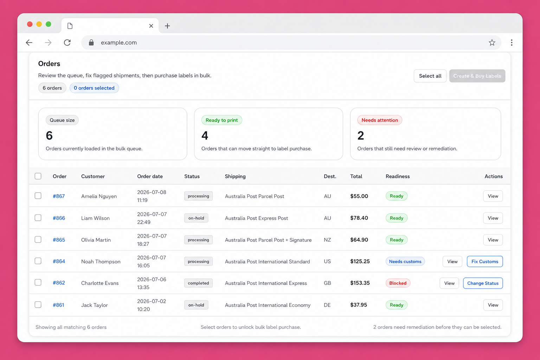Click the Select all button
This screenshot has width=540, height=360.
[430, 76]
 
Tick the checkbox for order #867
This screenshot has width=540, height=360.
[38, 195]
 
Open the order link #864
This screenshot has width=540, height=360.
[59, 261]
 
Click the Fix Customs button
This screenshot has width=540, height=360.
[484, 261]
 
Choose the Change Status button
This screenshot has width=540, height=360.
[483, 283]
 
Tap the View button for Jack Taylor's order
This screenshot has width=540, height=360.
[493, 305]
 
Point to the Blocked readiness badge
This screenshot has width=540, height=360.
[398, 283]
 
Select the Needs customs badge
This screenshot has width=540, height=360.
[405, 261]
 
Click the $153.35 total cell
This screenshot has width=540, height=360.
[360, 283]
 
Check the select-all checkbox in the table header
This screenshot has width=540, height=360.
[38, 176]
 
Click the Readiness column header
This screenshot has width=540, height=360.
[398, 176]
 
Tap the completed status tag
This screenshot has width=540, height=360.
[198, 283]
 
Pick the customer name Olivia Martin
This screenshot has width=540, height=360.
[96, 240]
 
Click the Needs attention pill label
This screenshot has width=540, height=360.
[380, 120]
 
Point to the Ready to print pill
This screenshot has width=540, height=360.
[221, 120]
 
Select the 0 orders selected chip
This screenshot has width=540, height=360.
[94, 88]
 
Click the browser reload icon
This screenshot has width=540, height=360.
[67, 43]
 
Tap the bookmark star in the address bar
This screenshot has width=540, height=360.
[492, 43]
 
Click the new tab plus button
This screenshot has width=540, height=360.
[167, 26]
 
